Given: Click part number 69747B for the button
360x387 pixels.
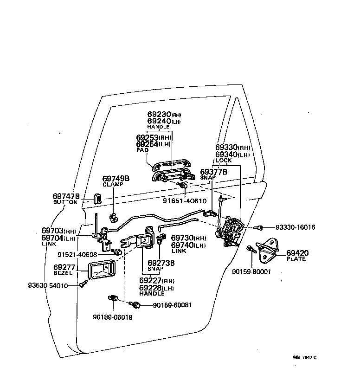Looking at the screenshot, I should [67, 196].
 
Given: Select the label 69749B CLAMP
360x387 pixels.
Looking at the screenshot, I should [116, 181].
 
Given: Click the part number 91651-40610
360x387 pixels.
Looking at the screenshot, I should [185, 201].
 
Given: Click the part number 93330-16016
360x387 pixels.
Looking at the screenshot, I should [295, 227].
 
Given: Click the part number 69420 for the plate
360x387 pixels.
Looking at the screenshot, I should [297, 253].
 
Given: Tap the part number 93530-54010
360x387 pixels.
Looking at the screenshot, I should [48, 285].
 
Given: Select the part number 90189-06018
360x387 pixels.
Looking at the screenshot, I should [113, 317].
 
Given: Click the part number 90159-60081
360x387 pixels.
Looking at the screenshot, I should [172, 305].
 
